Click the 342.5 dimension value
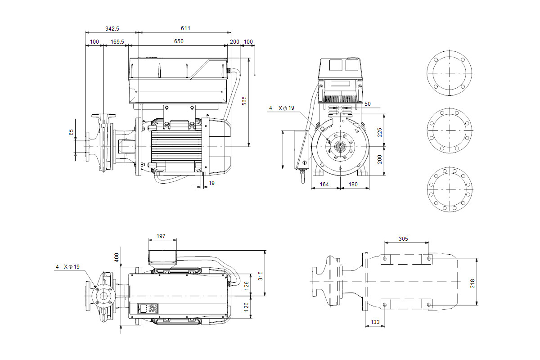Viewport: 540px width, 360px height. (112, 28)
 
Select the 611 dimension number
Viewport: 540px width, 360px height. (185, 28)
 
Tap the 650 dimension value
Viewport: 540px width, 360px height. (179, 41)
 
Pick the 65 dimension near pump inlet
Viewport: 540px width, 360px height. (71, 132)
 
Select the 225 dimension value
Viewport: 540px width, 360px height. (379, 132)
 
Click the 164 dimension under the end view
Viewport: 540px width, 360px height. (324, 184)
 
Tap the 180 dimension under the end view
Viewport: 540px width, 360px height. (353, 184)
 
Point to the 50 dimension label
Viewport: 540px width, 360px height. (367, 104)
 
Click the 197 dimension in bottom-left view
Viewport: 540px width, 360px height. (161, 236)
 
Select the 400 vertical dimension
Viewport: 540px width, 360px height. (117, 258)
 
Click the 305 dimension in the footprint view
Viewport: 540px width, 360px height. (403, 239)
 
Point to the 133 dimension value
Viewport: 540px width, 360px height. (374, 322)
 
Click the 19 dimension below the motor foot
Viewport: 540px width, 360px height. (211, 183)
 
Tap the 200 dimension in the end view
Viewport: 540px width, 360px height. (379, 159)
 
